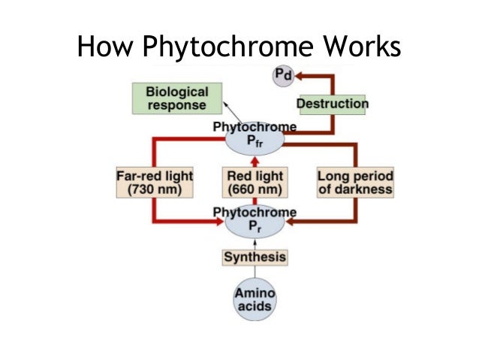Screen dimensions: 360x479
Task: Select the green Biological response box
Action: pyautogui.click(x=177, y=98)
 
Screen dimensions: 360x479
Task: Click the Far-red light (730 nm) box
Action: pyautogui.click(x=155, y=182)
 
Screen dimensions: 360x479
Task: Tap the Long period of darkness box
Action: pyautogui.click(x=355, y=182)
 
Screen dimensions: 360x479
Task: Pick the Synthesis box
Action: pyautogui.click(x=255, y=258)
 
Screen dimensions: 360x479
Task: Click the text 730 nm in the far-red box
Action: pyautogui.click(x=155, y=189)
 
